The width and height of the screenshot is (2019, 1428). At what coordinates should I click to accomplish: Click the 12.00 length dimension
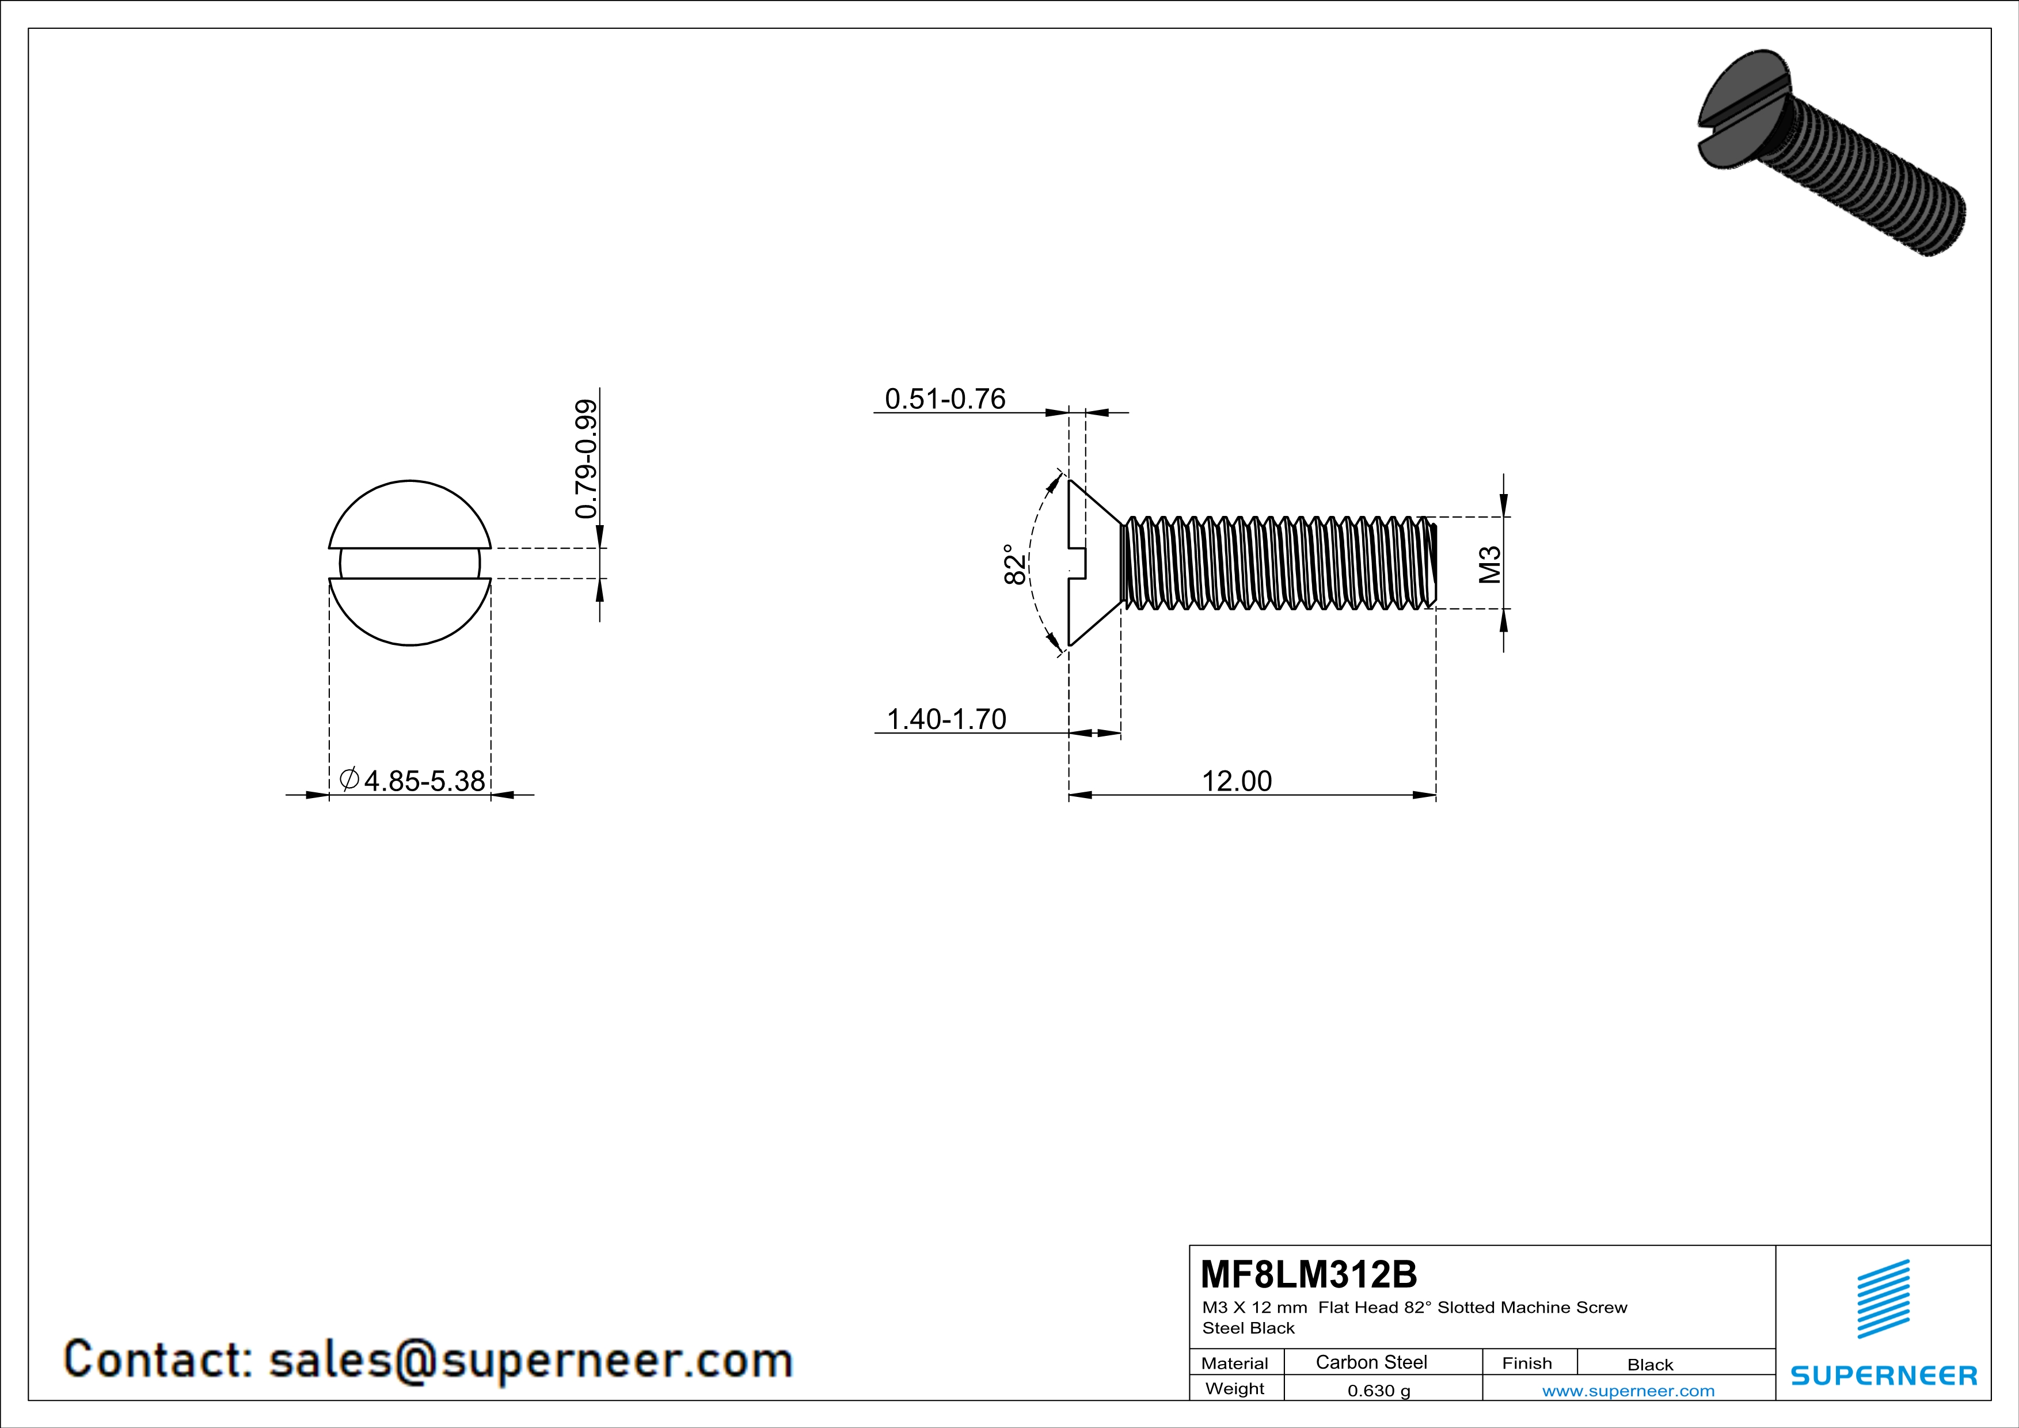[x=1237, y=781]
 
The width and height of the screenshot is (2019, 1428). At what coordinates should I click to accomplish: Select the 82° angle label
[x=1014, y=564]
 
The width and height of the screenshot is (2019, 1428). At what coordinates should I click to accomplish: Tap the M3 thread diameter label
[x=1489, y=564]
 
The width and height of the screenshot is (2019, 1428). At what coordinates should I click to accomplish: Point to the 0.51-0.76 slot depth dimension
[x=944, y=399]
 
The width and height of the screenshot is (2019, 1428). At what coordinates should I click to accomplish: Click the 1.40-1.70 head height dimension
[x=946, y=719]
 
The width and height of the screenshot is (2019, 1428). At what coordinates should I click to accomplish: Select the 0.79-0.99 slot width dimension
[x=585, y=459]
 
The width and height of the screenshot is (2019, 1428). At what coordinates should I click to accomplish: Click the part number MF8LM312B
[x=1309, y=1274]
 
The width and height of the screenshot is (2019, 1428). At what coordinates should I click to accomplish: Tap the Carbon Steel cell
[x=1371, y=1362]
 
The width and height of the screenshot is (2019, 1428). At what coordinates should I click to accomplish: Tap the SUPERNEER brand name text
[x=1884, y=1375]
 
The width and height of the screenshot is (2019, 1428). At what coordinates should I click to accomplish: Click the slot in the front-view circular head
[x=410, y=563]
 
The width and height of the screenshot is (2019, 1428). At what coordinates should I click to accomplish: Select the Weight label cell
[x=1235, y=1388]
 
